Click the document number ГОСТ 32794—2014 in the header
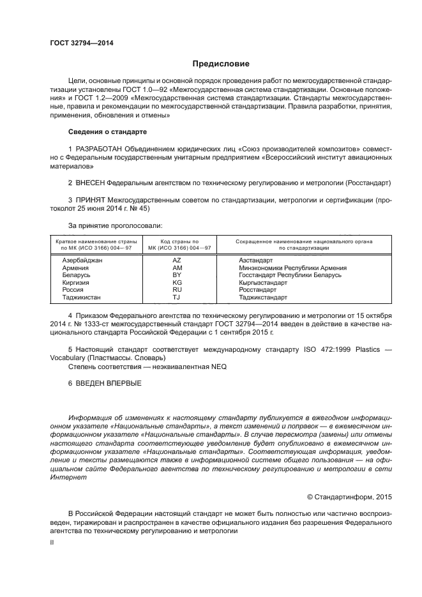[77, 43]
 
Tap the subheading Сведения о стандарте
[107, 132]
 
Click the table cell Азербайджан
[82, 261]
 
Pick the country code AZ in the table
[177, 261]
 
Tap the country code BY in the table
[177, 275]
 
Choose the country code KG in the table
[177, 282]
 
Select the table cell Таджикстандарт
[263, 297]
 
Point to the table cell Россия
[73, 289]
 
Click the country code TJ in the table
[177, 297]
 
